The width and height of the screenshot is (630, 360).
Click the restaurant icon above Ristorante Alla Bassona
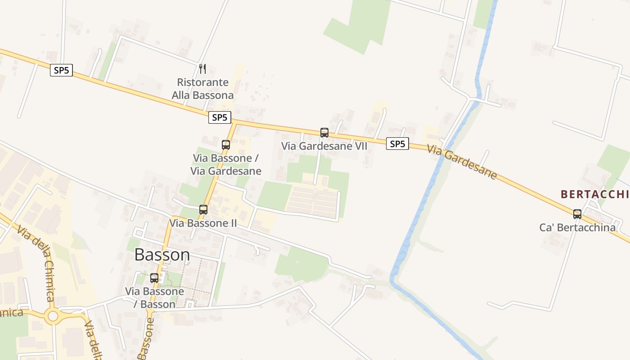pyautogui.click(x=202, y=69)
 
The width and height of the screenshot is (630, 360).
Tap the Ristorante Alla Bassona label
pyautogui.click(x=202, y=89)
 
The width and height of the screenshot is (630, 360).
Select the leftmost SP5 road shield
pyautogui.click(x=61, y=70)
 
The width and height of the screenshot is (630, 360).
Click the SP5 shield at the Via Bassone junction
pyautogui.click(x=220, y=118)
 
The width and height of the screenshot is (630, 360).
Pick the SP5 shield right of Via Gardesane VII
pyautogui.click(x=397, y=144)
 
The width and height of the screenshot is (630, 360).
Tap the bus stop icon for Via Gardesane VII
pyautogui.click(x=324, y=133)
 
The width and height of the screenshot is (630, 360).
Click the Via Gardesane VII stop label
pyautogui.click(x=324, y=146)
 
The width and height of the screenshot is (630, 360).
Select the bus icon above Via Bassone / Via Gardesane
pyautogui.click(x=226, y=145)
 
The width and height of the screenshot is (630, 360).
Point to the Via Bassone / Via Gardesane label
pyautogui.click(x=226, y=165)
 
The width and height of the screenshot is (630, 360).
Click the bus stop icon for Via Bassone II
pyautogui.click(x=203, y=210)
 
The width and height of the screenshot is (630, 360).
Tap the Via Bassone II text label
pyautogui.click(x=203, y=223)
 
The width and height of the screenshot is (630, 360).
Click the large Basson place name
pyautogui.click(x=162, y=255)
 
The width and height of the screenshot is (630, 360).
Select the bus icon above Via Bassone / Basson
pyautogui.click(x=154, y=278)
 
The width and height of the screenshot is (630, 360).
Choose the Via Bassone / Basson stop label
pyautogui.click(x=154, y=298)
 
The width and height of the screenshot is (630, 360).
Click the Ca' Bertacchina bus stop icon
pyautogui.click(x=577, y=214)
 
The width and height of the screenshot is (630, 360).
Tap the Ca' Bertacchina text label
pyautogui.click(x=577, y=228)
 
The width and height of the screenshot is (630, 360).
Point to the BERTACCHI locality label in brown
pyautogui.click(x=594, y=194)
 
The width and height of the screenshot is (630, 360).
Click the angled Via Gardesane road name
pyautogui.click(x=462, y=162)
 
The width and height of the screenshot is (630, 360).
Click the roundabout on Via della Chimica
pyautogui.click(x=53, y=316)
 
